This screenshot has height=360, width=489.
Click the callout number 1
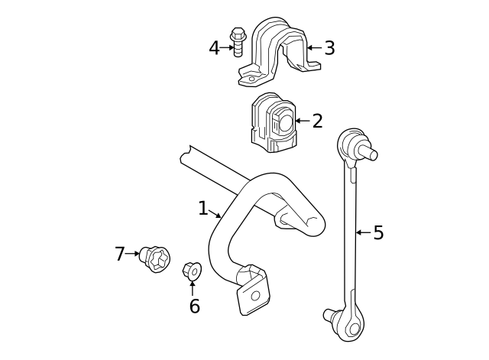click(202, 208)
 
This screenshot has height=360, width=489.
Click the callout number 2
click(317, 121)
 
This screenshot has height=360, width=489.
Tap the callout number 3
click(329, 48)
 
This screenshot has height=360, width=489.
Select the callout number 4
click(214, 48)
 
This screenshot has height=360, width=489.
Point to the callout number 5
click(378, 232)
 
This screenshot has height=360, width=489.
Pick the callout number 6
click(194, 306)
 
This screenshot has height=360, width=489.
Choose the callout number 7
click(120, 254)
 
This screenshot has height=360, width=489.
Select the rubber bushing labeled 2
click(273, 121)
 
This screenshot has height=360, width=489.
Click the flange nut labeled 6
click(192, 271)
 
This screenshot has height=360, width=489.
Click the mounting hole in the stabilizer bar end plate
click(256, 296)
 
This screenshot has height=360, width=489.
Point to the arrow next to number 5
click(363, 232)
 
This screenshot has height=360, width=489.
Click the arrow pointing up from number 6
click(192, 287)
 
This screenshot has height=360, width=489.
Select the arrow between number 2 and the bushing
click(302, 121)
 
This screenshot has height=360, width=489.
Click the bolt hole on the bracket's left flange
click(248, 76)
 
